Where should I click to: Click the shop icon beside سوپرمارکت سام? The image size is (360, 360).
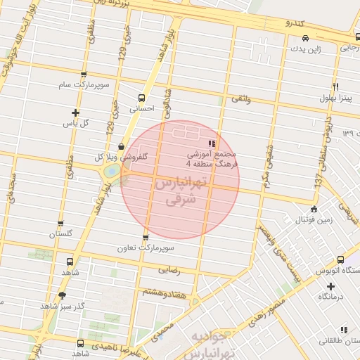click(x=84, y=74)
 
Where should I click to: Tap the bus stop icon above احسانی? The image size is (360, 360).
click(x=142, y=98)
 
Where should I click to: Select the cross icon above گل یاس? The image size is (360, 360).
click(x=76, y=112)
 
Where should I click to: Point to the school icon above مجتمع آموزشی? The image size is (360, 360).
click(x=212, y=143)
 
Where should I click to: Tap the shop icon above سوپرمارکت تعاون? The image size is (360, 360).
click(x=146, y=238)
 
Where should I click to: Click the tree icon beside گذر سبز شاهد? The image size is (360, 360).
click(x=62, y=295)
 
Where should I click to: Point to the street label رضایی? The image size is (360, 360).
click(x=171, y=269)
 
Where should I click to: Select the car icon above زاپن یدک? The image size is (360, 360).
click(x=304, y=38)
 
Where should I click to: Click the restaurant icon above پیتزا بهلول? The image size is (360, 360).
click(x=336, y=86)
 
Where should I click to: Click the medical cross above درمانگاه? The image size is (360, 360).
click(x=330, y=286)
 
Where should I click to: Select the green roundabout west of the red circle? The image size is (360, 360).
click(x=111, y=171)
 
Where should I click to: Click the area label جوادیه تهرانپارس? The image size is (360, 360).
click(x=219, y=342)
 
